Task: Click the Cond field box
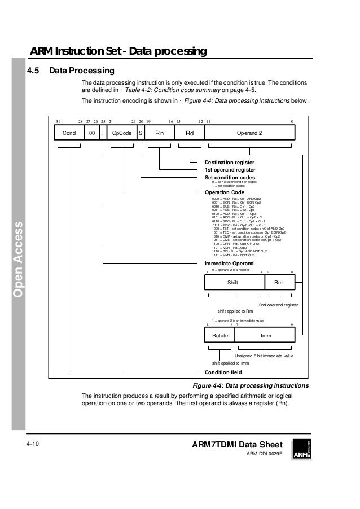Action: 69,133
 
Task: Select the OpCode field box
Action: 122,133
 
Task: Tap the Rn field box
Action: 160,133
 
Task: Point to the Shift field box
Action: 232,283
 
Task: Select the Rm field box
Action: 278,283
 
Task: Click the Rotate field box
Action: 219,335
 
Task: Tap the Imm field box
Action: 264,335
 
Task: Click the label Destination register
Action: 230,163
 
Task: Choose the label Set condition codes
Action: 230,177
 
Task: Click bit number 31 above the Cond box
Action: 58,121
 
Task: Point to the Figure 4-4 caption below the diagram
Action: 251,385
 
